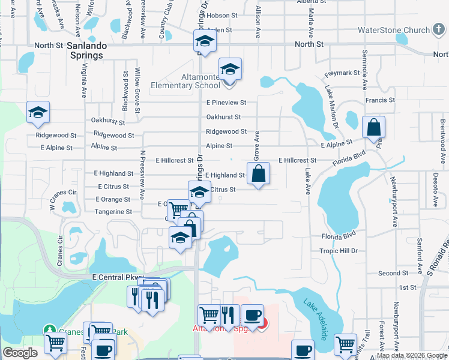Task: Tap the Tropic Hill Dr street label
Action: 338,251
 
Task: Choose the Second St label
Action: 393,273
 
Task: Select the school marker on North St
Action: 205,42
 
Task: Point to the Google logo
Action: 20,353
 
